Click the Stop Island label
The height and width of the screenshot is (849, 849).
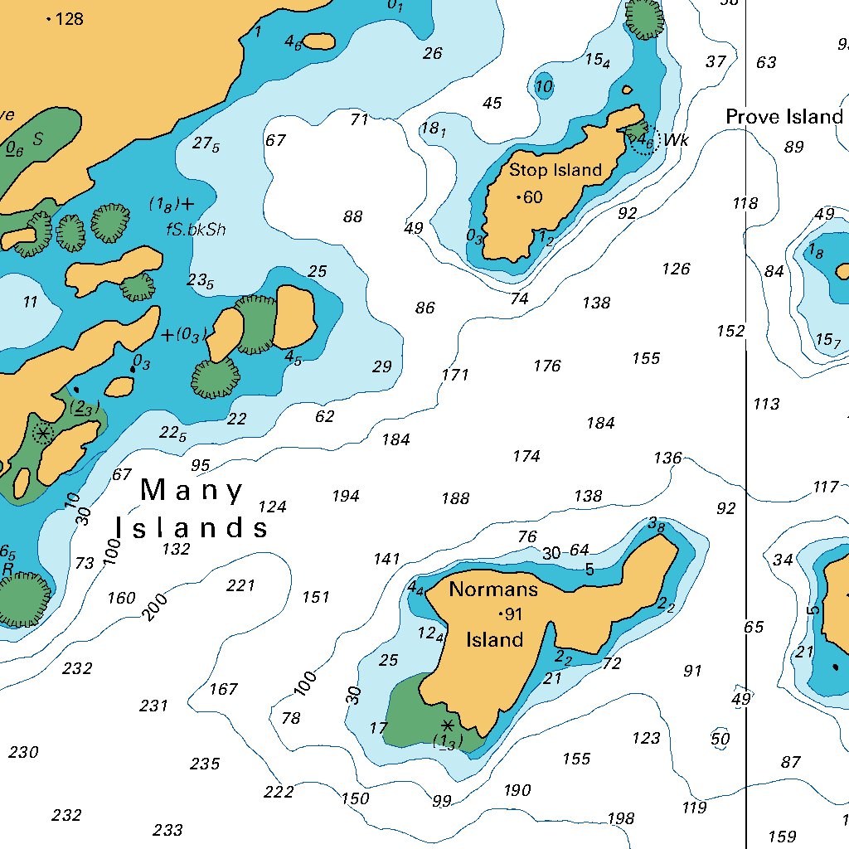[x=555, y=170]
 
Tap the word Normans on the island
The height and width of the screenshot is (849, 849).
[x=493, y=589]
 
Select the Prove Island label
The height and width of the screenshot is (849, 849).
[x=784, y=117]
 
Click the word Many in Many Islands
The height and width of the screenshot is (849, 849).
[x=192, y=491]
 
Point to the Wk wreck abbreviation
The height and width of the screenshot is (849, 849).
[x=677, y=140]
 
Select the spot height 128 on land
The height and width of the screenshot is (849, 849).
[x=69, y=18]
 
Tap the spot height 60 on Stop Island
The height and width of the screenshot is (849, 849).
[x=531, y=197]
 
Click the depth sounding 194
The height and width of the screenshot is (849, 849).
[x=346, y=496]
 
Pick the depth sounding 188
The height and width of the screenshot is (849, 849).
[x=455, y=498]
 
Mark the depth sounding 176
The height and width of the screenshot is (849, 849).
[x=547, y=366]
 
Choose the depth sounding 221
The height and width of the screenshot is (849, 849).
[x=240, y=585]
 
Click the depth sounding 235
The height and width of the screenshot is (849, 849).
[x=205, y=764]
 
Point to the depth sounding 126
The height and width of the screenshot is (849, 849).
[x=676, y=269]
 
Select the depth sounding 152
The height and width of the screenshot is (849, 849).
[x=730, y=331]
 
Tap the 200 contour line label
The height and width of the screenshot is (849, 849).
[x=155, y=607]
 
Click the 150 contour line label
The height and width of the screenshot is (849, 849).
[x=355, y=798]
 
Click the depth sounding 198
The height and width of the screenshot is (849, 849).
[x=620, y=819]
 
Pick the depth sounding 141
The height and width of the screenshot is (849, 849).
[x=386, y=559]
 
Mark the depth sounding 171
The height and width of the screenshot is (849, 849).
[x=455, y=374]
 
